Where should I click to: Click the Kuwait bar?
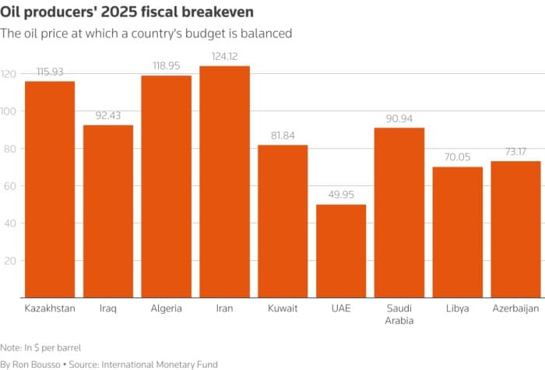click(x=283, y=221)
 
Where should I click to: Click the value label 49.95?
click(x=341, y=194)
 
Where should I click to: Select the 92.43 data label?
click(x=108, y=115)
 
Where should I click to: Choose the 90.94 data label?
click(x=399, y=118)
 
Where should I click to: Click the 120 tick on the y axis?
click(x=9, y=74)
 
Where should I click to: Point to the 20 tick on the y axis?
click(x=9, y=260)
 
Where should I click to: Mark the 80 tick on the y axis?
click(x=9, y=148)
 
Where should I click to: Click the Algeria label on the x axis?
click(x=166, y=308)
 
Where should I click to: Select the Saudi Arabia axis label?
click(x=399, y=314)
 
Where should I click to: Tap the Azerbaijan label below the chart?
click(x=515, y=308)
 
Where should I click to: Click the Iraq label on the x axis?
click(x=108, y=308)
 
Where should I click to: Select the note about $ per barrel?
click(x=40, y=347)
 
